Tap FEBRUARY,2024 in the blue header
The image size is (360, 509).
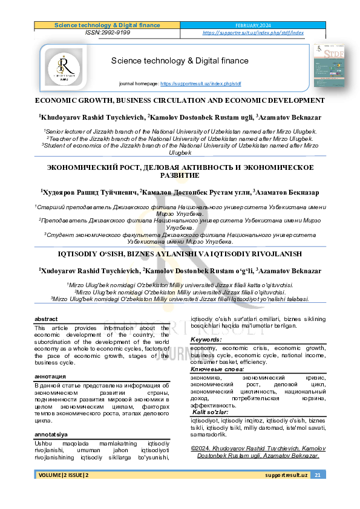pyautogui.click(x=253, y=25)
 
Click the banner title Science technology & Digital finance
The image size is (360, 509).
pyautogui.click(x=180, y=60)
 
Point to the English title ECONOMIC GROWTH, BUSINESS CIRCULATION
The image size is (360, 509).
pyautogui.click(x=180, y=100)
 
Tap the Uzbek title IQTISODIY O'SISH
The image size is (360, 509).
pyautogui.click(x=180, y=254)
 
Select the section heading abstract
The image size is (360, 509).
pyautogui.click(x=46, y=319)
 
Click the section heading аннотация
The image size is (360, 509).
pyautogui.click(x=50, y=376)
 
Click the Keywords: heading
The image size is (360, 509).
pyautogui.click(x=206, y=340)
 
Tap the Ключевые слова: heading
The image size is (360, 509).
pyautogui.click(x=217, y=369)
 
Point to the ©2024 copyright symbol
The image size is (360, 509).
pyautogui.click(x=194, y=449)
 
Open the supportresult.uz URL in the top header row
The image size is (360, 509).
pyautogui.click(x=253, y=33)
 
